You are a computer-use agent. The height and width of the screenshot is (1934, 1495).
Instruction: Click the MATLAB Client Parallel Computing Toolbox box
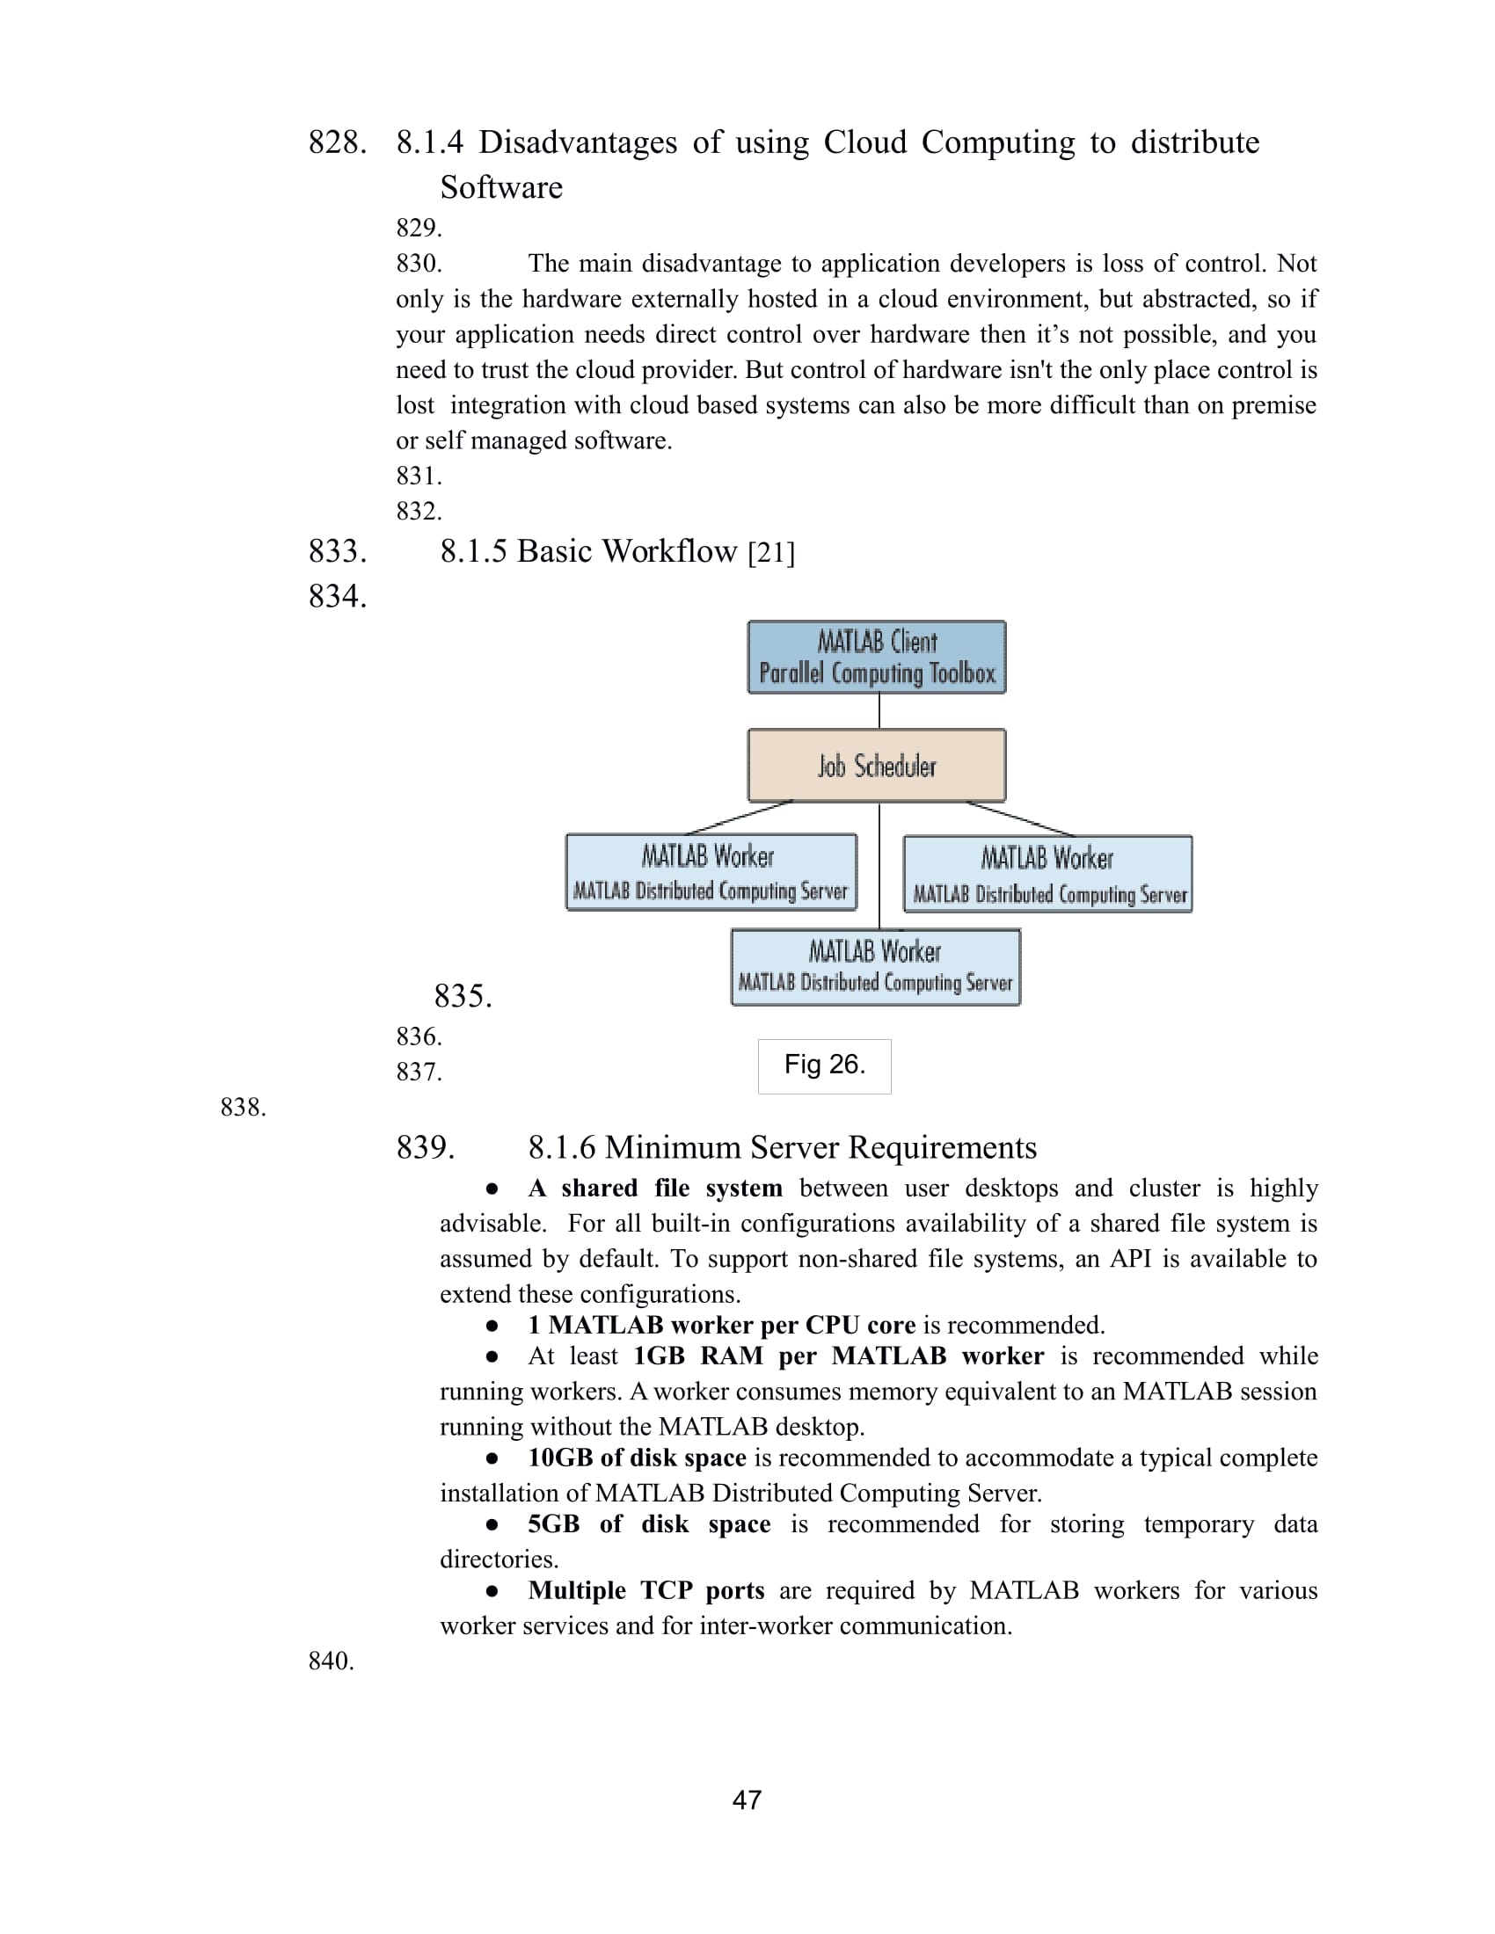point(876,657)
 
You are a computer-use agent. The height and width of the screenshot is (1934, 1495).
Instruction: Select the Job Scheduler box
point(876,765)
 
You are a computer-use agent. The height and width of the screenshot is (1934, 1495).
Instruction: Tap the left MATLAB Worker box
point(711,872)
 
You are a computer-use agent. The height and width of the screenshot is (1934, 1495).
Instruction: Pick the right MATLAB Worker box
point(1046,874)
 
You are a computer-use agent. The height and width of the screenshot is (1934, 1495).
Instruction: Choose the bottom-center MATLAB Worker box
point(875,967)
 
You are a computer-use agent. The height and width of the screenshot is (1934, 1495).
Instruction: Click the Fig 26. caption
point(824,1065)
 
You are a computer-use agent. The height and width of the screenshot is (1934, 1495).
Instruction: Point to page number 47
point(747,1799)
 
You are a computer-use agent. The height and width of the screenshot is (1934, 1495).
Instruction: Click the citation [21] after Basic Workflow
point(770,553)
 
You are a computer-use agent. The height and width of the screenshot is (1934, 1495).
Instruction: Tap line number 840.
point(331,1661)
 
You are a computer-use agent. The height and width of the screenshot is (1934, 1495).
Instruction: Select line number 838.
point(243,1107)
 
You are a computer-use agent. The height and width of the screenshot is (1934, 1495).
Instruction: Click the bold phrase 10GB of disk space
point(637,1458)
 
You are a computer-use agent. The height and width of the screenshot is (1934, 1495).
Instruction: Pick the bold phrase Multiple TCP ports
point(645,1590)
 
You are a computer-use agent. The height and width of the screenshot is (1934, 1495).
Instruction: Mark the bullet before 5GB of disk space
point(492,1525)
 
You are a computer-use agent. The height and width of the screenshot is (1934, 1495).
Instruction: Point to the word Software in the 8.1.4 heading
point(501,188)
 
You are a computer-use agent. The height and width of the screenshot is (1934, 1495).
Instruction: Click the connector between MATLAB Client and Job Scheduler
point(879,711)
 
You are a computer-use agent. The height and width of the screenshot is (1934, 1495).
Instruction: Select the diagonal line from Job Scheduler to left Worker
point(740,818)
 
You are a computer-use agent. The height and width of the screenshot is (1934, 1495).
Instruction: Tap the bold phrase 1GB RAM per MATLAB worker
point(838,1356)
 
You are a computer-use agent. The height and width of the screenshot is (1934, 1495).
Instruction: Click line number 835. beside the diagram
point(463,996)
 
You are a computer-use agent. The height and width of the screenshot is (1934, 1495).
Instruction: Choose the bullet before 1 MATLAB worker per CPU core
point(492,1326)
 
